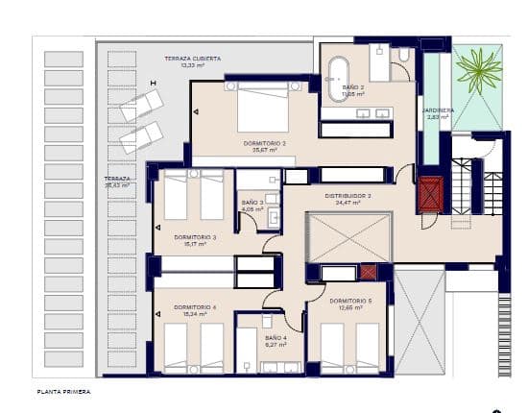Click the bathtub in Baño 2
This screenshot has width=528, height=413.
(x=338, y=79)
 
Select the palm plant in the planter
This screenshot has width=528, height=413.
(x=476, y=72)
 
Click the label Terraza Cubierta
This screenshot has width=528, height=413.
(x=193, y=59)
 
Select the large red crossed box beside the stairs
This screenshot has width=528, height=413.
(x=429, y=193)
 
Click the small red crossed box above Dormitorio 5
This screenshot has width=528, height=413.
(x=368, y=272)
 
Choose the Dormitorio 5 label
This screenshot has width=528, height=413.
(x=349, y=301)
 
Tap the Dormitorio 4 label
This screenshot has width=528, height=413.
(x=195, y=307)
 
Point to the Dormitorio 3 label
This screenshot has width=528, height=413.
(x=195, y=236)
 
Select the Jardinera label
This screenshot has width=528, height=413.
(x=439, y=109)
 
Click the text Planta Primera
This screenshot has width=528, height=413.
(x=63, y=392)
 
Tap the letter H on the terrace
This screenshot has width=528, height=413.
(x=153, y=83)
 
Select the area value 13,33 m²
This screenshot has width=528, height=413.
(x=193, y=66)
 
